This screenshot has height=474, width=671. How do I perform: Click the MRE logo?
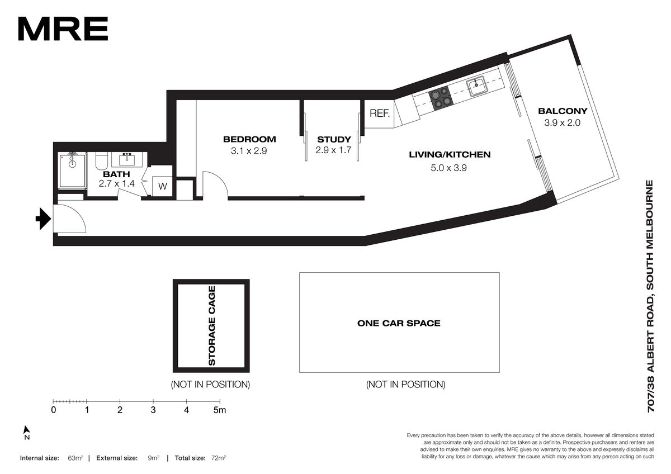coord(63,29)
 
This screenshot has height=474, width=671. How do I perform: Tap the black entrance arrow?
coord(44,219)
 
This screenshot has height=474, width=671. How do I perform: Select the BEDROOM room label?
coord(249,139)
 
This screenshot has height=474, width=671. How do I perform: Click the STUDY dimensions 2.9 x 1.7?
coord(333,150)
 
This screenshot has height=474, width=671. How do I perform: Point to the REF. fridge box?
coord(379,113)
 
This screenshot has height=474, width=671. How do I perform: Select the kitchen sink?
coord(476,86)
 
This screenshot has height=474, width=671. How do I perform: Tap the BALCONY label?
coord(563,111)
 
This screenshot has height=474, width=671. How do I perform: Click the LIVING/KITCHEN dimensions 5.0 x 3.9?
coord(448,168)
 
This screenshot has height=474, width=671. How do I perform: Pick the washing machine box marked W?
coord(162,187)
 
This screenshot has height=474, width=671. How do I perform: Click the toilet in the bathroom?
coord(101,161)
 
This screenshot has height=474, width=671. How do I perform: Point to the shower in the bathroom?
coord(72,171)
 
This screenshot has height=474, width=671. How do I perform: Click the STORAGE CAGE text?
coord(211,326)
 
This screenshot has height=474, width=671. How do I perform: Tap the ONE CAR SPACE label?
coord(399,324)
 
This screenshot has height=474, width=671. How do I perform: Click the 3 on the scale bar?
coord(153,410)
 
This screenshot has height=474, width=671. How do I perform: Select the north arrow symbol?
coord(27,433)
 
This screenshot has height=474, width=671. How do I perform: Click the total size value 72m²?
coord(219,458)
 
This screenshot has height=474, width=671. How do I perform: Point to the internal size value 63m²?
coord(75,458)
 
